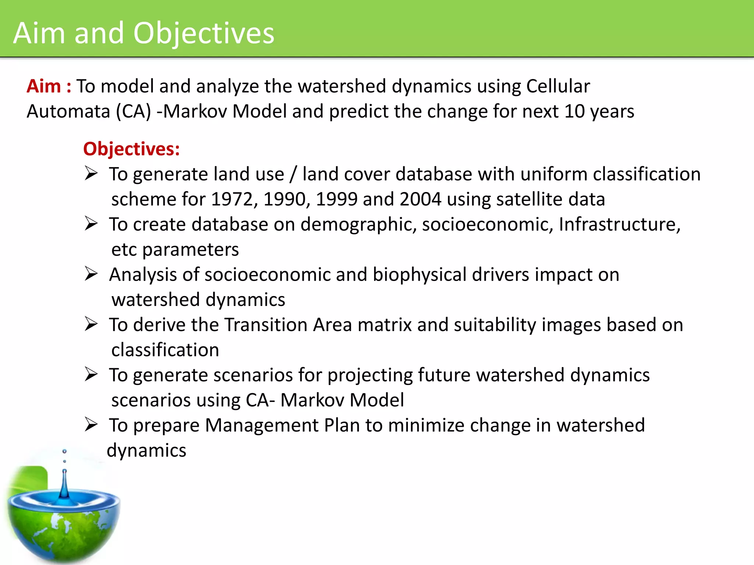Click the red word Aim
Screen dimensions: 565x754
(43, 86)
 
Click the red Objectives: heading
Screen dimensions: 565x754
(131, 149)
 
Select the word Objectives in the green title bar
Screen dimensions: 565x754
(204, 33)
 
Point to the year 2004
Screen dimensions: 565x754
(420, 199)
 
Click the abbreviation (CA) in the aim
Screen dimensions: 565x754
(133, 111)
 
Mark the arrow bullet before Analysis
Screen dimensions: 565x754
(91, 274)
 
